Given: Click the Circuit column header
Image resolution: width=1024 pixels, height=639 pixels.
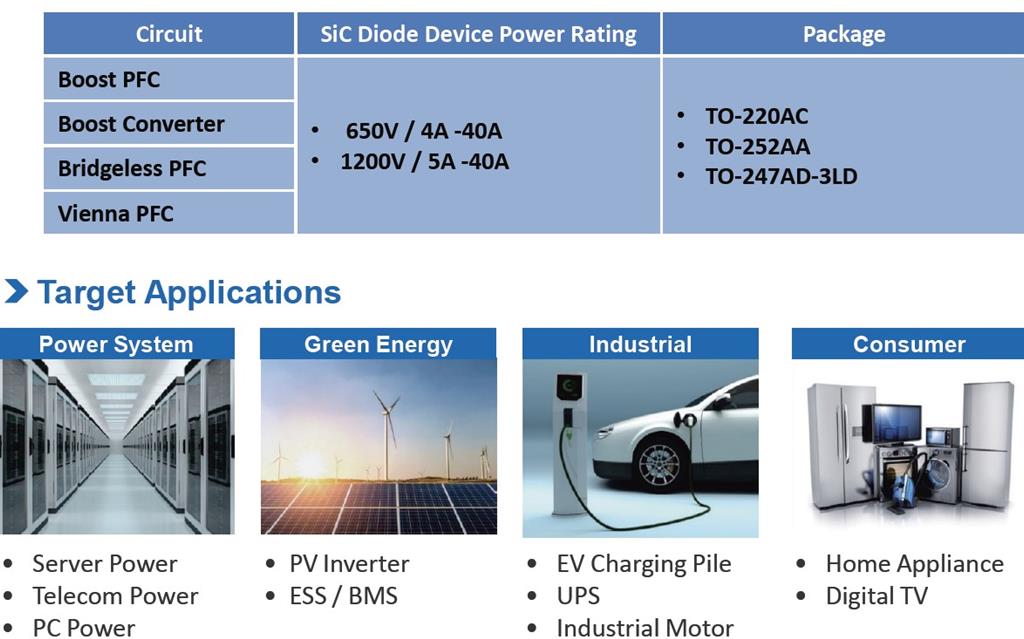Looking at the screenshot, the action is tap(168, 34).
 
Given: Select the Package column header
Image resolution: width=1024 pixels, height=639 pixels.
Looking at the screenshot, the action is tap(844, 34).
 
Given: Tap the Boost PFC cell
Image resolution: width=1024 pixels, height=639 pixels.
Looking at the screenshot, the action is tap(168, 79).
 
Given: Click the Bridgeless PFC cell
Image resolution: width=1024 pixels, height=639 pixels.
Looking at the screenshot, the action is tap(168, 169).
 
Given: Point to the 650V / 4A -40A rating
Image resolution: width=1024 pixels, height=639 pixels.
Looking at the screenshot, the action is tap(424, 131).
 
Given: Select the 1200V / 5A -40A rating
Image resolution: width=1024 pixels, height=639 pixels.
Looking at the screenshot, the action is tap(424, 161).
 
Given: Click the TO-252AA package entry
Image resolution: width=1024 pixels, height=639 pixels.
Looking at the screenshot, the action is tap(758, 146).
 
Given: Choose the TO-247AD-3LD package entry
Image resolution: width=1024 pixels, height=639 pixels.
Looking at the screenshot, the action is tap(781, 176).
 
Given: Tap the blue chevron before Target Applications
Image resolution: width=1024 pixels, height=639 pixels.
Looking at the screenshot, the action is tap(16, 291).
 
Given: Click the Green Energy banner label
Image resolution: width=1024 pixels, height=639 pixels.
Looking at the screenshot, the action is tap(378, 344).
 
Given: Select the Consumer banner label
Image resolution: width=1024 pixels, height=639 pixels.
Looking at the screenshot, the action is tap(908, 344).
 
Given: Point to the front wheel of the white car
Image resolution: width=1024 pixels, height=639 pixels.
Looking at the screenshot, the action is tap(660, 465).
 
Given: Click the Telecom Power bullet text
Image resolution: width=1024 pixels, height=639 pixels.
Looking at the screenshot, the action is tap(115, 596).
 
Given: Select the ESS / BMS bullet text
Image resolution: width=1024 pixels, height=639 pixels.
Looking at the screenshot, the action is tap(344, 596).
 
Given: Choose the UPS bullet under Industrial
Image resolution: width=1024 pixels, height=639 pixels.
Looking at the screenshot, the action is tap(578, 596).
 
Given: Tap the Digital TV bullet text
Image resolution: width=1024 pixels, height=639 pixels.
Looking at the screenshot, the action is tap(876, 596).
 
